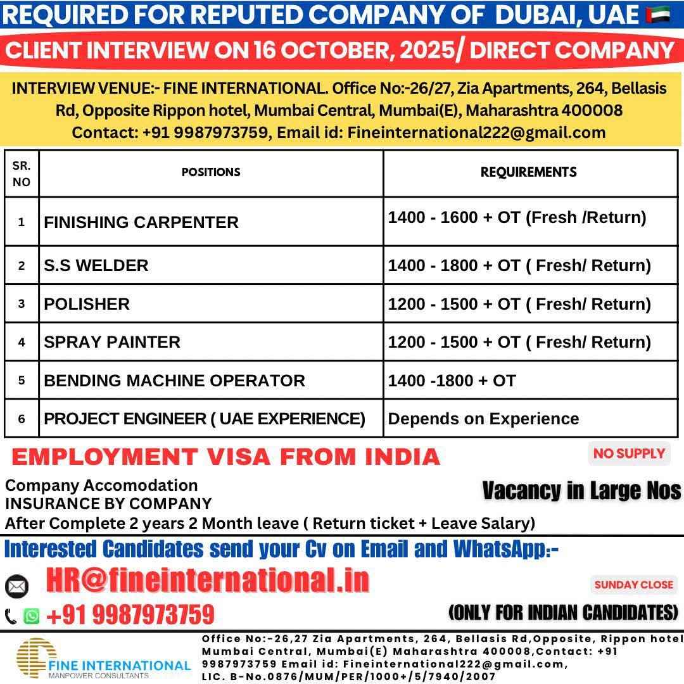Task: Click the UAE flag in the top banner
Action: point(658,14)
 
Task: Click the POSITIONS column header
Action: point(211,172)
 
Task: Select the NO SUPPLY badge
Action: point(629,453)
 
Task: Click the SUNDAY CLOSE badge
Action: point(634,585)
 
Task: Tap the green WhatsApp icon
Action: point(31,616)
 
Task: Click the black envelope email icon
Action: point(17,586)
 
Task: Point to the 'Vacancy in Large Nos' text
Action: point(581,490)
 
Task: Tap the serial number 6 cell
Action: point(22,419)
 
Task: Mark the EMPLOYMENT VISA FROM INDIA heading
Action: point(225,456)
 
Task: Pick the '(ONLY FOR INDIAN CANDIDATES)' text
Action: point(563,612)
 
